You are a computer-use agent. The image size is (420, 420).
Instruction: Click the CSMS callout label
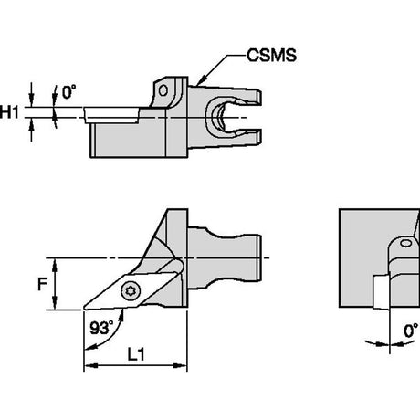(x=271, y=56)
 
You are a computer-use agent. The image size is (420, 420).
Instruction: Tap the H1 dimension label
(x=9, y=112)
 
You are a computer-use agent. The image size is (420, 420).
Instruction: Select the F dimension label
(x=42, y=285)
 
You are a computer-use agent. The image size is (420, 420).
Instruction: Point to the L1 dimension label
(x=136, y=354)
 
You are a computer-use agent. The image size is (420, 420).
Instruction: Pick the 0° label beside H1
(x=68, y=92)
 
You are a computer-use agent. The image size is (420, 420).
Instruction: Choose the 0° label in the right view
(x=411, y=331)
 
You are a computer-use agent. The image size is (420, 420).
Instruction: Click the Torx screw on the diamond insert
(x=131, y=291)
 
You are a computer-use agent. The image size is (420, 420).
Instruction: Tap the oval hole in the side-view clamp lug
(x=163, y=90)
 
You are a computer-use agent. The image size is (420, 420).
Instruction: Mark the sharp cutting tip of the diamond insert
(x=84, y=309)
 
